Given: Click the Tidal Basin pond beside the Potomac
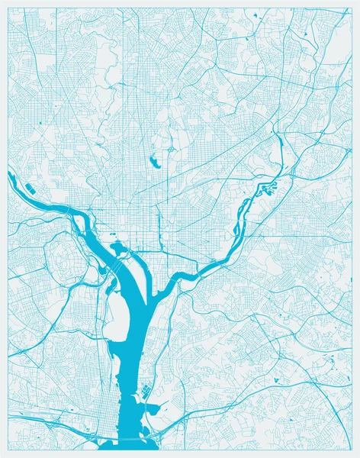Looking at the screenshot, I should coord(117,247).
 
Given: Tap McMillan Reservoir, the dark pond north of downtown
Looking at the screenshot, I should coord(154,160).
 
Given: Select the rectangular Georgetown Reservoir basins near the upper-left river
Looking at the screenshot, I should coord(31,188).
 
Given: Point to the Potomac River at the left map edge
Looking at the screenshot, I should coord(11,177).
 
